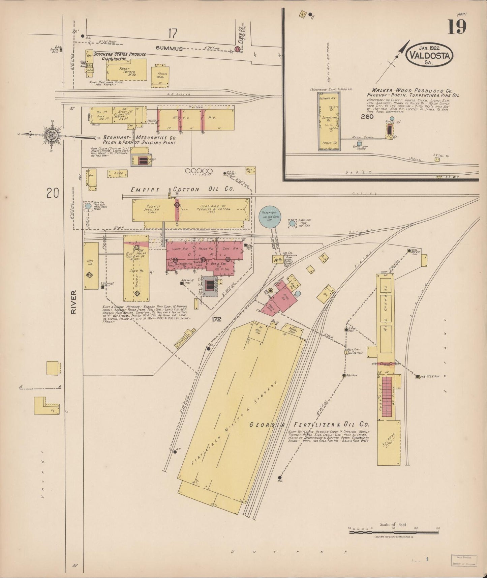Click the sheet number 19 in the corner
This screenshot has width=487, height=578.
click(x=457, y=27)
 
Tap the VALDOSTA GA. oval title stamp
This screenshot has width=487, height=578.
click(x=429, y=55)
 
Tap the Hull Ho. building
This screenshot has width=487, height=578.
click(x=91, y=265)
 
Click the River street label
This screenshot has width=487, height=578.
click(x=74, y=302)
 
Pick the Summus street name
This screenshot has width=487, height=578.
click(x=169, y=49)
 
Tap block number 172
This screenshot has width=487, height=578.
click(x=217, y=319)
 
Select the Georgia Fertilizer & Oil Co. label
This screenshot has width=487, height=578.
click(x=309, y=425)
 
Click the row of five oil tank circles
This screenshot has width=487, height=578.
click(x=199, y=171)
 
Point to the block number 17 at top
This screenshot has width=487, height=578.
click(x=173, y=34)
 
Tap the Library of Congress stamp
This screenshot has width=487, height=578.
click(x=464, y=560)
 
